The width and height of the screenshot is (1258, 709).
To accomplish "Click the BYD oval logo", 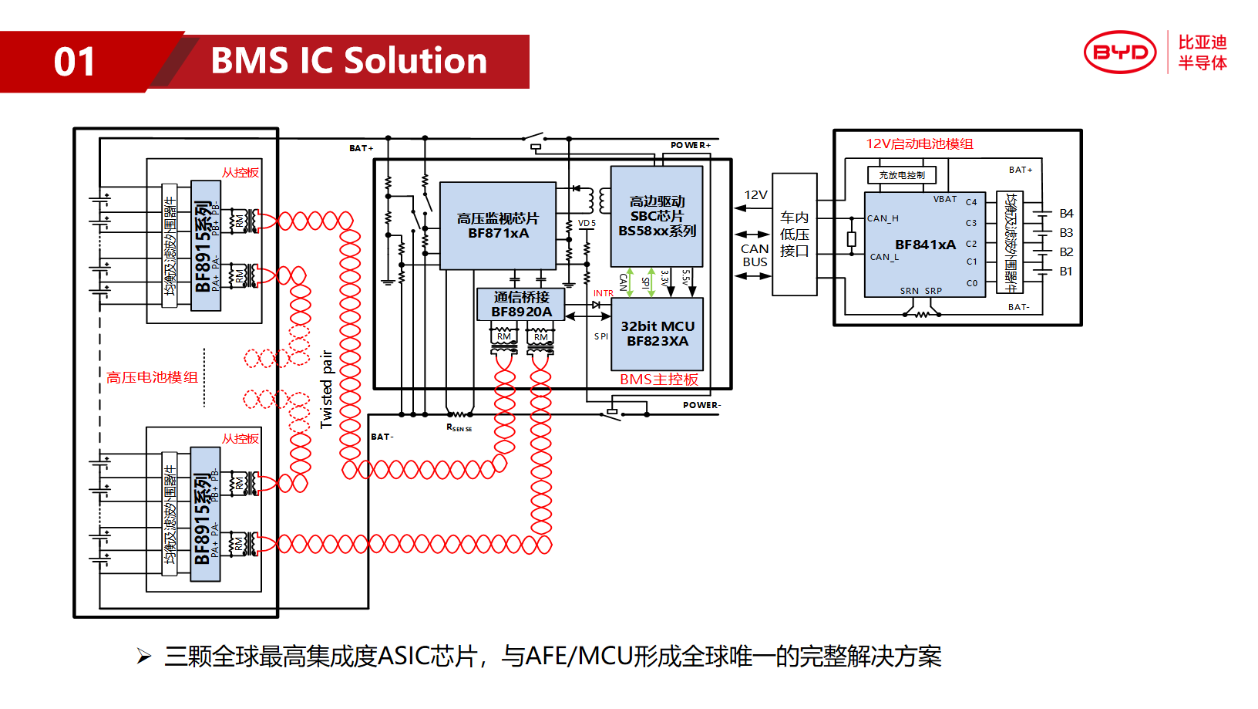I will tap(1120, 52).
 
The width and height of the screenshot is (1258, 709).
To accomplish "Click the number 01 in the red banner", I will tap(75, 62).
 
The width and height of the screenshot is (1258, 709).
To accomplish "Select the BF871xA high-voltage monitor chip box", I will tap(498, 225).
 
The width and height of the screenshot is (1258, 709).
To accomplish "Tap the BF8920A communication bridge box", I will tap(521, 304).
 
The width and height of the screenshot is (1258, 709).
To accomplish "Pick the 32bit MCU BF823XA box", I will tap(657, 334).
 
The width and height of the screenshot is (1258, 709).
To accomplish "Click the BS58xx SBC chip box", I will tap(657, 216).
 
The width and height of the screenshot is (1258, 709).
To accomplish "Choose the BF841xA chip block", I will tap(924, 245).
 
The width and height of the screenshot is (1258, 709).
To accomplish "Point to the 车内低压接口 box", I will tap(794, 234).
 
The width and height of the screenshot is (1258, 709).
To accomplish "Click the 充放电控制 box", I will tap(901, 175).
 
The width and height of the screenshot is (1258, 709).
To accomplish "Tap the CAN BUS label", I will tap(755, 255).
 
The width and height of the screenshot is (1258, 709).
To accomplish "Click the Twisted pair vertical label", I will tap(327, 389).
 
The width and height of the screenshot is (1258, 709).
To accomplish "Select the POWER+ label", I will tap(690, 145).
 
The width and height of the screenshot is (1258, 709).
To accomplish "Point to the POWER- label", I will tap(701, 405).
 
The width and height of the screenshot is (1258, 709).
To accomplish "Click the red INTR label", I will tap(603, 293).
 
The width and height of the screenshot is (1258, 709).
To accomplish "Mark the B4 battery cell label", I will tap(1066, 214).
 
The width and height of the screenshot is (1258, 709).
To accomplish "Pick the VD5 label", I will tap(587, 223).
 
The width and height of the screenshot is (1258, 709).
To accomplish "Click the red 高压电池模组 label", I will tap(152, 377).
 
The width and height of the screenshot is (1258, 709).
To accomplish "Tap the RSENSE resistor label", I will tap(459, 427).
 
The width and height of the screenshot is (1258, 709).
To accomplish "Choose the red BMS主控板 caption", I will tap(658, 380).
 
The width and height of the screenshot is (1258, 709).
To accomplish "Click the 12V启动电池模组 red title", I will tap(919, 144).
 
